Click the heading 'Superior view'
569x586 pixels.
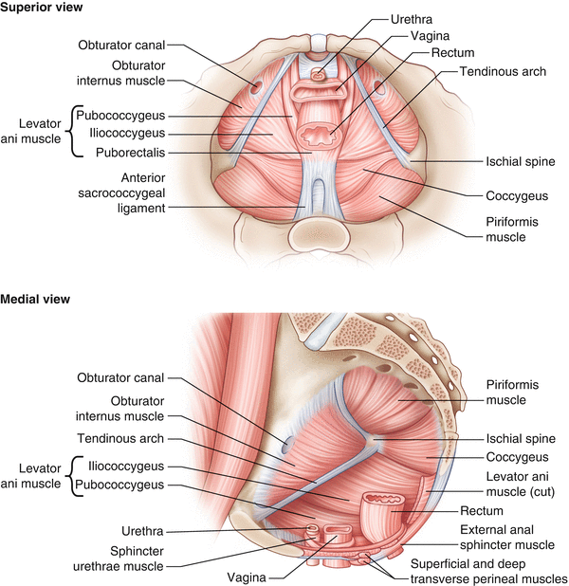(x=42, y=9)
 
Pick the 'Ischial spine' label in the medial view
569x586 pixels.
(x=493, y=439)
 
